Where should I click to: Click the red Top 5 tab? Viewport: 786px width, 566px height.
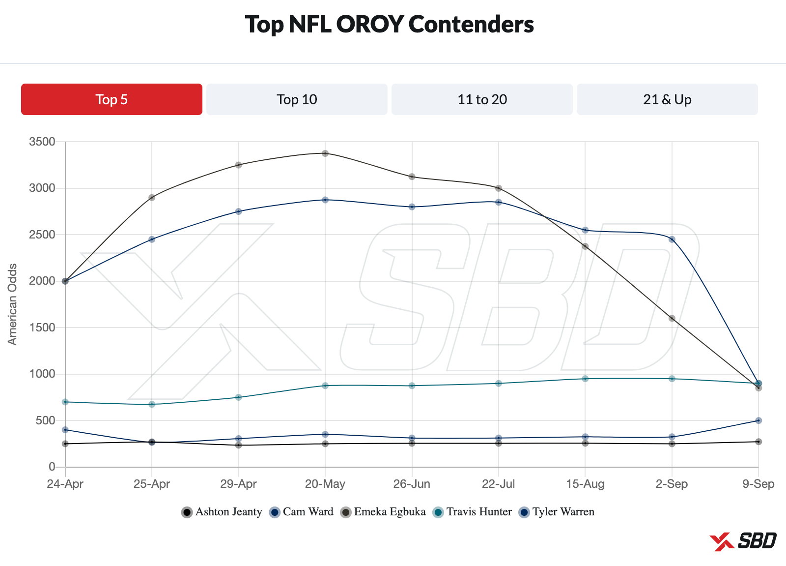point(112,99)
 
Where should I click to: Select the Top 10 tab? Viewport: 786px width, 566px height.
point(297,99)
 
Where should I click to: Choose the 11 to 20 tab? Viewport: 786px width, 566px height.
point(482,99)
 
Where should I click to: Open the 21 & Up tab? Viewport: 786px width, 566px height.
point(667,99)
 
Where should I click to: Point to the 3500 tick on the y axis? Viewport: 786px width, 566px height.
point(42,142)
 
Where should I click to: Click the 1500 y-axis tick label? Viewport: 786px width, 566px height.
point(42,328)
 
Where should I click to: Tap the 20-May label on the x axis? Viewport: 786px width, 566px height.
point(325,484)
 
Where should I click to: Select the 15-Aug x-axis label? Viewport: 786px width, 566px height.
point(585,484)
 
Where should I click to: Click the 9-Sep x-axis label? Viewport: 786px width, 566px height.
point(758,484)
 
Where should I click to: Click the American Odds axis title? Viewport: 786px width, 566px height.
point(12,304)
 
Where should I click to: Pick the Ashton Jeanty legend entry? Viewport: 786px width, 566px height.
point(222,512)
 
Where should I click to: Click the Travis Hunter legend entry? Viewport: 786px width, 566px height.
point(473,512)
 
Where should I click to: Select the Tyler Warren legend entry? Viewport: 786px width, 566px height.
point(557,512)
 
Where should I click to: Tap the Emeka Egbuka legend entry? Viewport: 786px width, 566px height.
point(383,512)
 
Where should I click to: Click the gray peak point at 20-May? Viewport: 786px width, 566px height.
point(325,153)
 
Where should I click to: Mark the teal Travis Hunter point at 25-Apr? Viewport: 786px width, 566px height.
point(152,404)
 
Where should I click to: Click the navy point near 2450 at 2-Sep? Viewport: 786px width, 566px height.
point(672,239)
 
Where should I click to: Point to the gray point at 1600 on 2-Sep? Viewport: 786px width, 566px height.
point(672,318)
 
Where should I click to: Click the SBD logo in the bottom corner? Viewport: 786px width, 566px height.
point(743,541)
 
